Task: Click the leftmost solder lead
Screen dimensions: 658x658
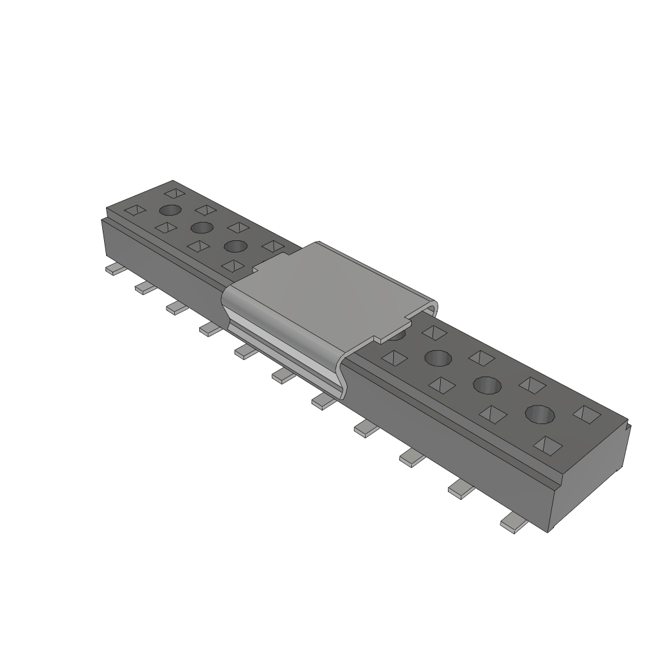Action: [113, 271]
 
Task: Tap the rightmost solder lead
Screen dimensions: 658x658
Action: [514, 524]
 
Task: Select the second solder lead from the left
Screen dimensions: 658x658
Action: [145, 289]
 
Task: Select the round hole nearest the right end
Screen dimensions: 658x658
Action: [540, 414]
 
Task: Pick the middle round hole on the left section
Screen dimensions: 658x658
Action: [202, 227]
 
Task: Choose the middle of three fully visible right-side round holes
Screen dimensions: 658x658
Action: [487, 385]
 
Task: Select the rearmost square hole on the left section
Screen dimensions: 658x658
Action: [173, 192]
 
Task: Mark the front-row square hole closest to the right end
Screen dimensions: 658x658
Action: [547, 444]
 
